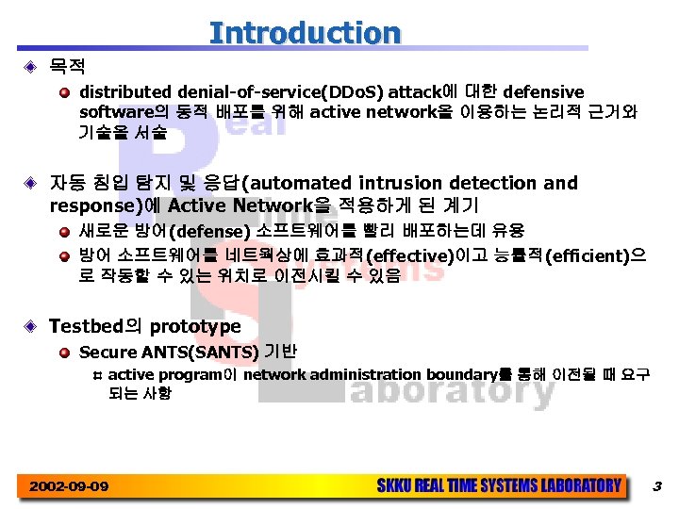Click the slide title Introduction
pyautogui.click(x=305, y=32)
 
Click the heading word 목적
pyautogui.click(x=67, y=67)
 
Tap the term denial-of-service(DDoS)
pyautogui.click(x=273, y=92)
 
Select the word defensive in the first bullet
pyautogui.click(x=543, y=92)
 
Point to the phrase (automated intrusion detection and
pyautogui.click(x=410, y=183)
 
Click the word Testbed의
pyautogui.click(x=96, y=327)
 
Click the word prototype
pyautogui.click(x=195, y=327)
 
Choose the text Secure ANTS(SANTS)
pyautogui.click(x=169, y=353)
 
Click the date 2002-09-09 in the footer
pyautogui.click(x=69, y=486)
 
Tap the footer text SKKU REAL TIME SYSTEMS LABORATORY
pyautogui.click(x=499, y=486)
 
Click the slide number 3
pyautogui.click(x=657, y=486)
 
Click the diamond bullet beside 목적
pyautogui.click(x=30, y=67)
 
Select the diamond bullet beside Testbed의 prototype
pyautogui.click(x=30, y=327)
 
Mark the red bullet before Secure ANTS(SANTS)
pyautogui.click(x=64, y=353)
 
